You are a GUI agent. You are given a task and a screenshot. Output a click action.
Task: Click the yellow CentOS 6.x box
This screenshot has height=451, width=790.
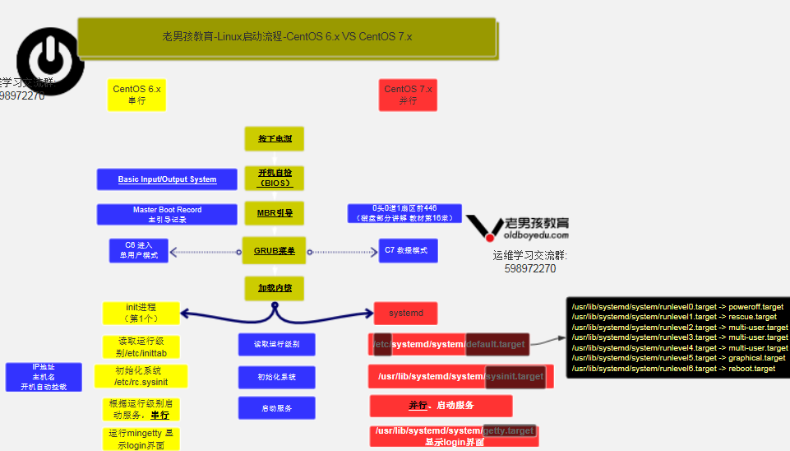pos(136,95)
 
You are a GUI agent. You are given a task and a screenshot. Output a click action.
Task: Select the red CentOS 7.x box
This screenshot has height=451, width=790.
pos(408,95)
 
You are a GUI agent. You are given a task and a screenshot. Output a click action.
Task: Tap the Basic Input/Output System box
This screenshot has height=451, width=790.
pos(168,179)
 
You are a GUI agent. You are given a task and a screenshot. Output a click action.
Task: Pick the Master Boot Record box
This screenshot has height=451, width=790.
pos(167,214)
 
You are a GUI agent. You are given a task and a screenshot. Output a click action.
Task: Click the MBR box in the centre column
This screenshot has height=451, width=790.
pos(275,213)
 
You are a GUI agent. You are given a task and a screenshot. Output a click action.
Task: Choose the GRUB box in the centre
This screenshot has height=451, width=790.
pos(275,251)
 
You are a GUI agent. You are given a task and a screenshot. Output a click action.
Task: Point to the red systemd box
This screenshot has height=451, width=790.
pos(405,314)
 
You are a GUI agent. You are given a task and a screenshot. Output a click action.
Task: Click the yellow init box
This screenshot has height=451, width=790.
pos(141,313)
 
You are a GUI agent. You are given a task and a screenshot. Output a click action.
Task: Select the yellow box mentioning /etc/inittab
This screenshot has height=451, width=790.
pos(141,346)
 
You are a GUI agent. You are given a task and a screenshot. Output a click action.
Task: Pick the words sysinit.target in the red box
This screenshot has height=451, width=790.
pos(515,376)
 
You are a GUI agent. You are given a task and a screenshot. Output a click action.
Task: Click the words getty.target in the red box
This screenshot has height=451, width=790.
pos(509,430)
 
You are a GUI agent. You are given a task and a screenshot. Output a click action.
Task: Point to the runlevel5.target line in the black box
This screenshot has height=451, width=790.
pos(678,358)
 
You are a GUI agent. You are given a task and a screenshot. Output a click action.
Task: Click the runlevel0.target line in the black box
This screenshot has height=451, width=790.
pos(677,307)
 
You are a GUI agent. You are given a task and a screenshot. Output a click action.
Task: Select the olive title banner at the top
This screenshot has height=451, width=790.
pos(287,37)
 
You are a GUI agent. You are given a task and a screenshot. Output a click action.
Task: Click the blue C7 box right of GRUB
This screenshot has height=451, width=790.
pos(408,251)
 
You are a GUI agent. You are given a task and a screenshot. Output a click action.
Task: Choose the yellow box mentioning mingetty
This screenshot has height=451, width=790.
pos(141,439)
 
